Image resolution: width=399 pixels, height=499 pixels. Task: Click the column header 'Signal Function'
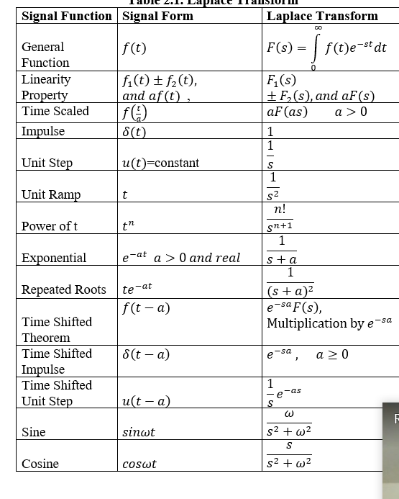[x=67, y=16]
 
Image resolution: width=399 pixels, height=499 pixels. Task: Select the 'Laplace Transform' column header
[x=322, y=16]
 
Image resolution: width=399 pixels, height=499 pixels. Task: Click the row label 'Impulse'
[x=43, y=131]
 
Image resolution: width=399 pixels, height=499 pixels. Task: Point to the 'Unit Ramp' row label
[x=51, y=194]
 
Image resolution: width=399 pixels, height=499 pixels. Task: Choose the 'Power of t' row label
[x=50, y=226]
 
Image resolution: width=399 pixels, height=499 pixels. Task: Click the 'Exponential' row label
[x=54, y=258]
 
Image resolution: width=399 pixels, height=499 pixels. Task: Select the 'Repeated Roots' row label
[x=64, y=289]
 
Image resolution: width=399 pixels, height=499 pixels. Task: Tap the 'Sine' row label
[x=34, y=432]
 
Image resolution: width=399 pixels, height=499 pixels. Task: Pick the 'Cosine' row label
[x=40, y=464]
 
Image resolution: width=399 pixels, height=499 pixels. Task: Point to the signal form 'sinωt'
[x=139, y=433]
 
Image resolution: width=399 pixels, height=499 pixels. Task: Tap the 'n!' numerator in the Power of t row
[x=280, y=210]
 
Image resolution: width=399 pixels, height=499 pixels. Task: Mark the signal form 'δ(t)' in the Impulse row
[x=134, y=132]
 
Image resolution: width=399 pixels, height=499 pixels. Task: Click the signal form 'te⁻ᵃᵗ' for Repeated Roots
[x=137, y=289]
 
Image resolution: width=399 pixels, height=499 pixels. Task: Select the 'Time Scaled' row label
[x=55, y=111]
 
